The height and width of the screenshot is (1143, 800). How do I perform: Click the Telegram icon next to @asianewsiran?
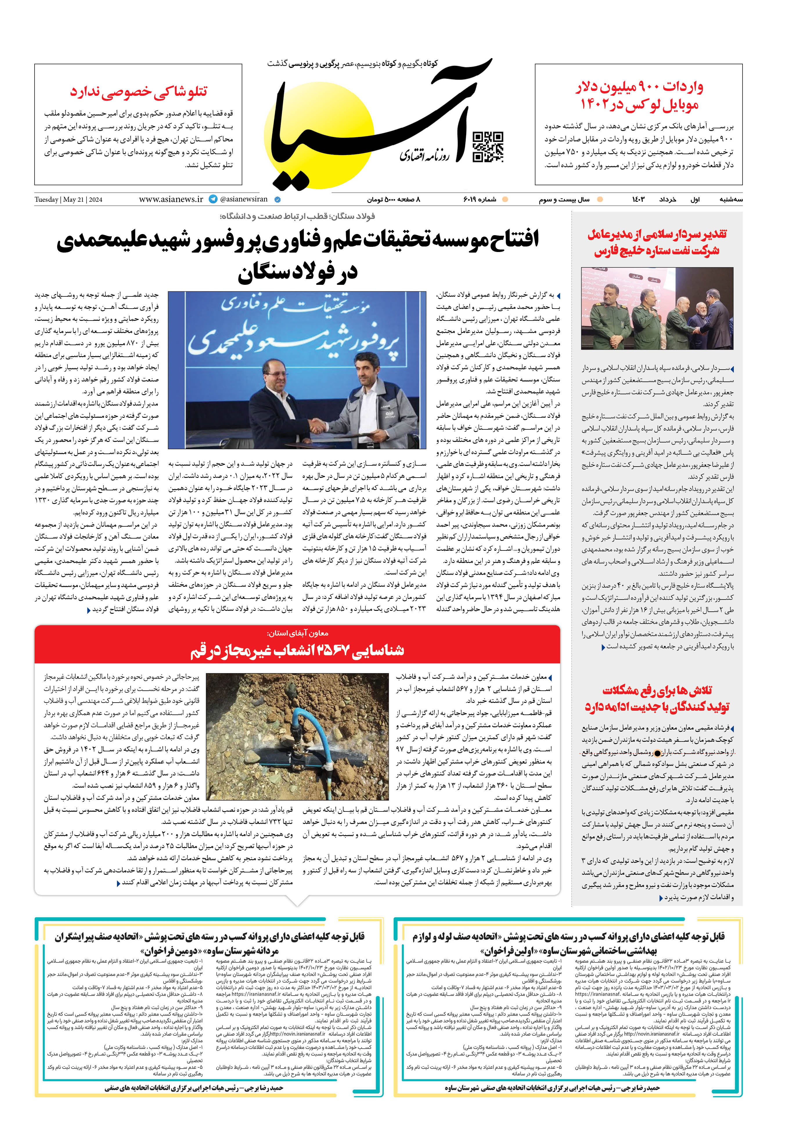pyautogui.click(x=213, y=199)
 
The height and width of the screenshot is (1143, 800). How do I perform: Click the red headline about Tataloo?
pyautogui.click(x=138, y=92)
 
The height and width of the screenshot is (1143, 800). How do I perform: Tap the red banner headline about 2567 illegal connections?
pyautogui.click(x=297, y=650)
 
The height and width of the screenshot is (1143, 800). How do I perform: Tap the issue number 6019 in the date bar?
pyautogui.click(x=480, y=199)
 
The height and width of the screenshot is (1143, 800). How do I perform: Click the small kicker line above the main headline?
pyautogui.click(x=297, y=216)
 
